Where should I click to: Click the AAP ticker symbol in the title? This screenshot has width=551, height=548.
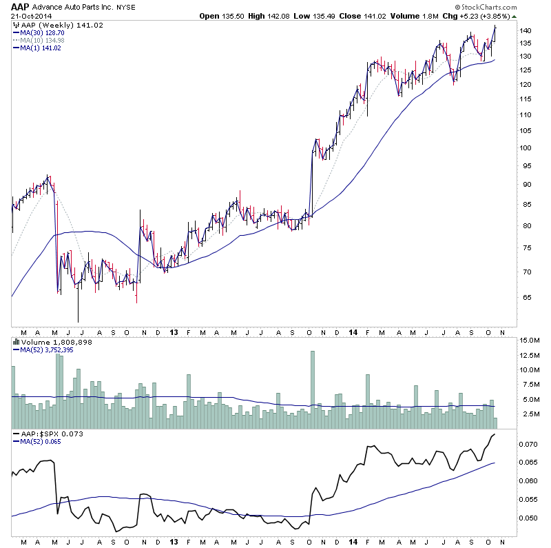[x=21, y=6]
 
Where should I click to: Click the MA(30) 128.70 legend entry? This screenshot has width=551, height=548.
[x=39, y=32]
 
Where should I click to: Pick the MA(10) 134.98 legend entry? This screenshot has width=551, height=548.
[x=39, y=40]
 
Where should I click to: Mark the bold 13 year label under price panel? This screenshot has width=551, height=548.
[x=174, y=332]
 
